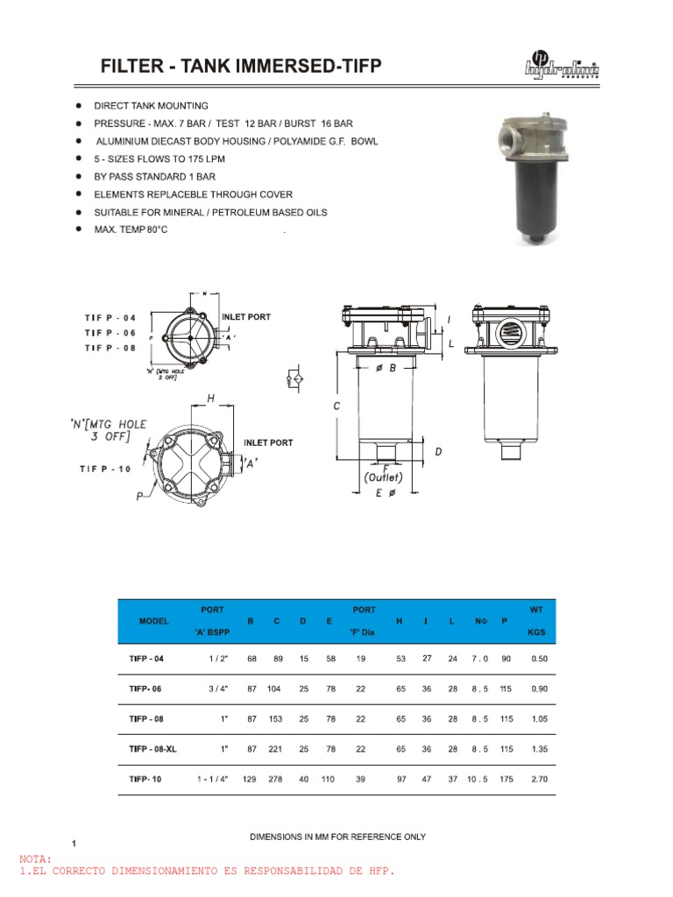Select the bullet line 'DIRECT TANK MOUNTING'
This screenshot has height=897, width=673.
pyautogui.click(x=151, y=106)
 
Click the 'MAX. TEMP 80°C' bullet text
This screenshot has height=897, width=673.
pyautogui.click(x=130, y=229)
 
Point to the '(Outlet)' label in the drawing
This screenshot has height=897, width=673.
pyautogui.click(x=383, y=477)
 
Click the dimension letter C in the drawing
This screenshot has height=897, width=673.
pyautogui.click(x=336, y=406)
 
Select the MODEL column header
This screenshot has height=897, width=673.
pyautogui.click(x=154, y=620)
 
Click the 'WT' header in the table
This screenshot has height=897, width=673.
pyautogui.click(x=536, y=609)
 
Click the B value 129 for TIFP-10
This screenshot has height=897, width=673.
pyautogui.click(x=251, y=778)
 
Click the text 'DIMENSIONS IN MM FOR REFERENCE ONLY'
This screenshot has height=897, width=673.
pyautogui.click(x=337, y=837)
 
